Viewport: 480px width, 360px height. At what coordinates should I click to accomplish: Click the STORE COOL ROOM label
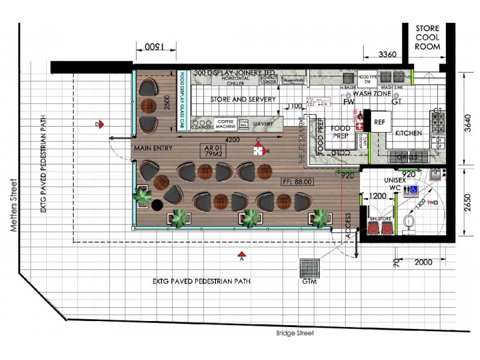[427, 37]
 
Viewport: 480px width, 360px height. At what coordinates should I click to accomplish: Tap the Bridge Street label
[295, 333]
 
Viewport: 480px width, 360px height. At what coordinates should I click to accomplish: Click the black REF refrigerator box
[379, 121]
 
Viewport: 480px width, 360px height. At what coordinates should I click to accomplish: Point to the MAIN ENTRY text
[154, 148]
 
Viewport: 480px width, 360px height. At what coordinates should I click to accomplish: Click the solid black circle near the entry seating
[157, 205]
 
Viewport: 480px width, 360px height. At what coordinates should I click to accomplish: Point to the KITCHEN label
[408, 133]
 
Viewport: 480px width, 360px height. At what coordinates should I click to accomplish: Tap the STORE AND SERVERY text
[243, 99]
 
